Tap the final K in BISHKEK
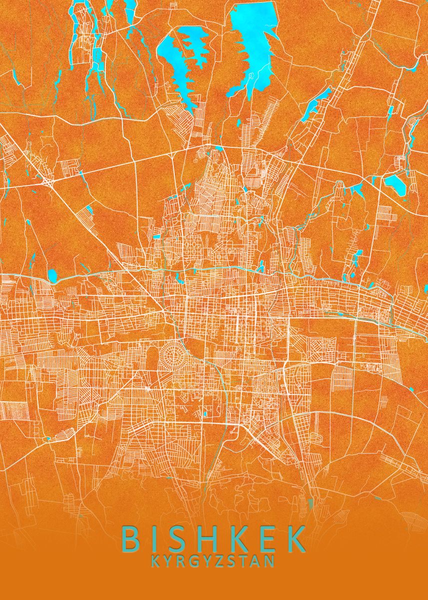pyautogui.click(x=297, y=538)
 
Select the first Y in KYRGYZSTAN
pyautogui.click(x=169, y=561)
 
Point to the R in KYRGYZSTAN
pyautogui.click(x=182, y=561)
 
